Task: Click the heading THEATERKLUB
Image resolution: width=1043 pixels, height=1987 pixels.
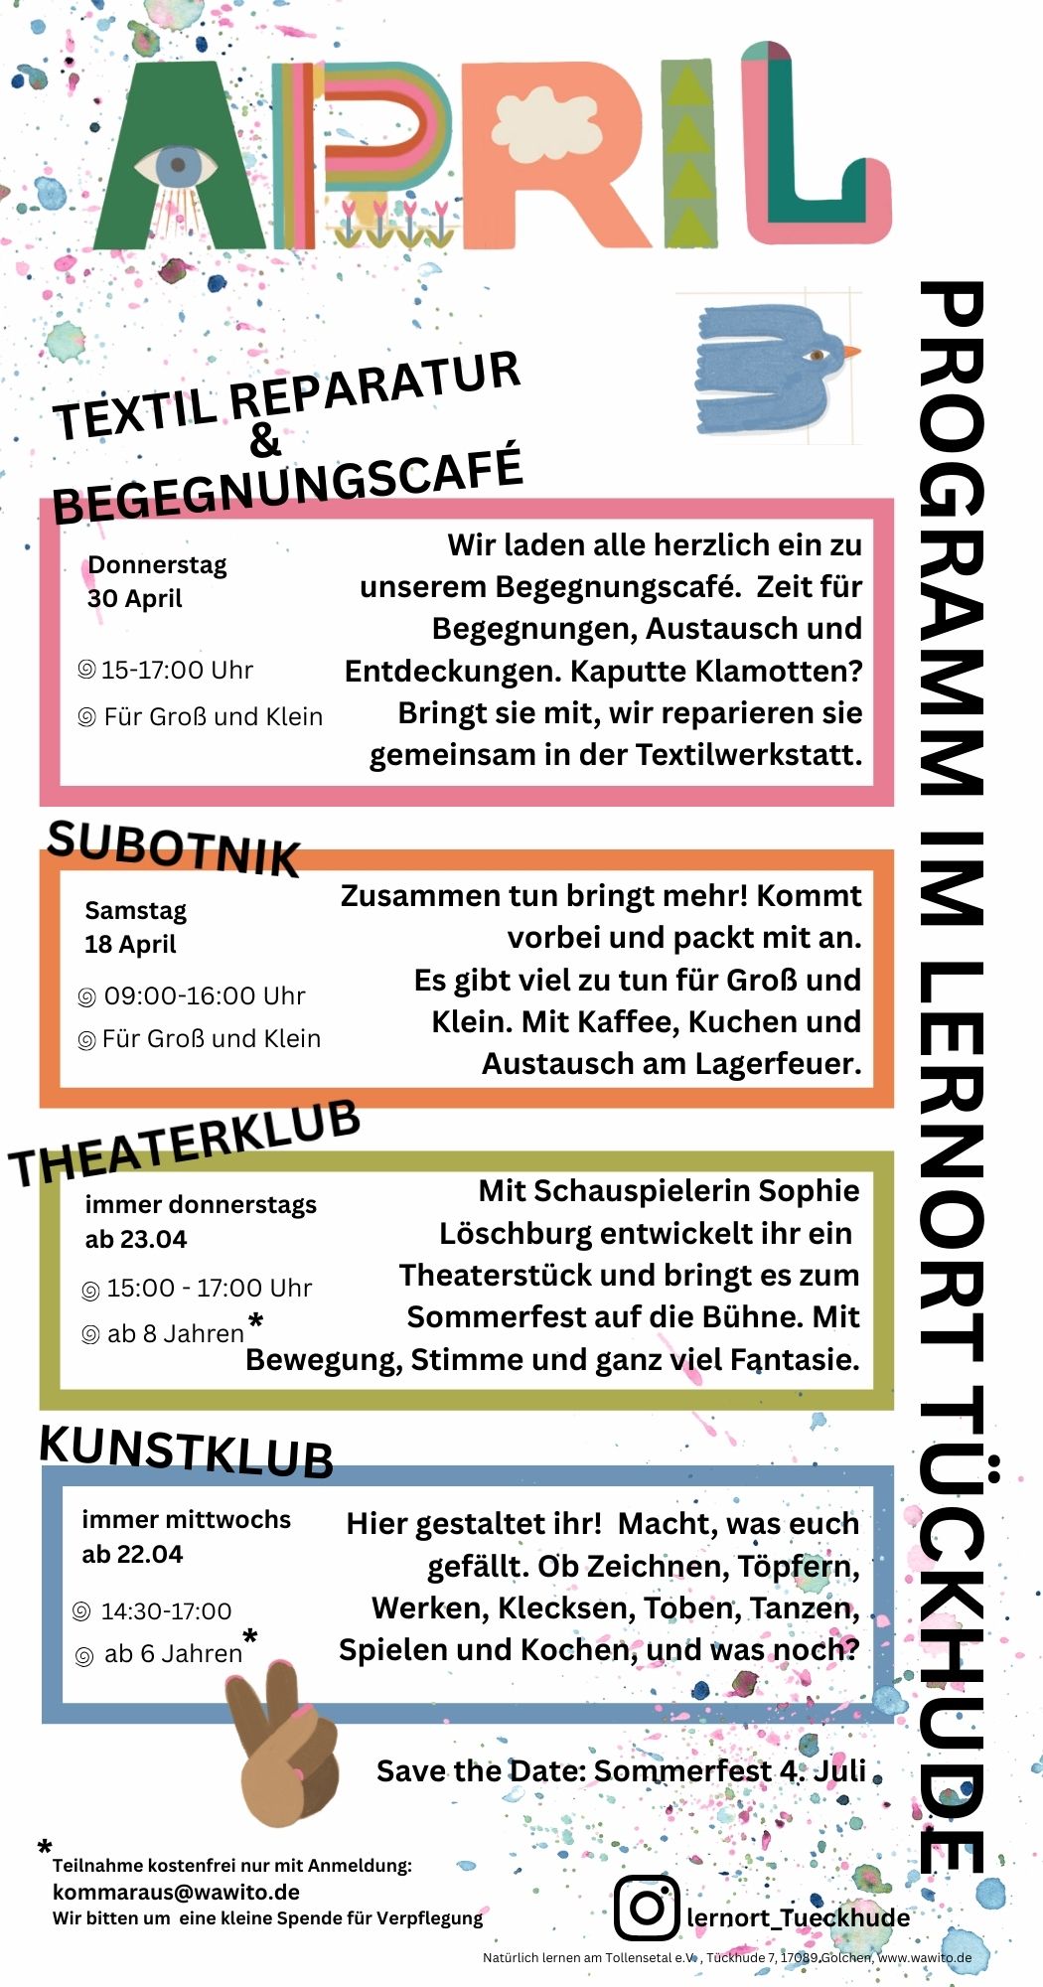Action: [185, 1145]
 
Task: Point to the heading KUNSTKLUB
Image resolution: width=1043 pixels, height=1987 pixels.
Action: [186, 1452]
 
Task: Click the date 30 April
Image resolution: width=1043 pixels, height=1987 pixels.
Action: [134, 598]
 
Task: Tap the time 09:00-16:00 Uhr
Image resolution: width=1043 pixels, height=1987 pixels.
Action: [204, 995]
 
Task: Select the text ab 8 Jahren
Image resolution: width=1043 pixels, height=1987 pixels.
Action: [175, 1333]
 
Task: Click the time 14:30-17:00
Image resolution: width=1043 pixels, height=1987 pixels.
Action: [166, 1610]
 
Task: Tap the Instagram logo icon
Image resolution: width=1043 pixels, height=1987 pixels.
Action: [646, 1907]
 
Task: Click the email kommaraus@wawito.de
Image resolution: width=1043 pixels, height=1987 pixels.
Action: [176, 1892]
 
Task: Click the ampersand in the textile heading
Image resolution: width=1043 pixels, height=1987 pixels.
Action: [265, 440]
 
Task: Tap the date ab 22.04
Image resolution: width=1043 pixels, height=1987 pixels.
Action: [132, 1554]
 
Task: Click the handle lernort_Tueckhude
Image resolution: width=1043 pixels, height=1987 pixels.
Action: [798, 1916]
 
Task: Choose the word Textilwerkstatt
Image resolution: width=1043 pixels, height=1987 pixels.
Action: [748, 755]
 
